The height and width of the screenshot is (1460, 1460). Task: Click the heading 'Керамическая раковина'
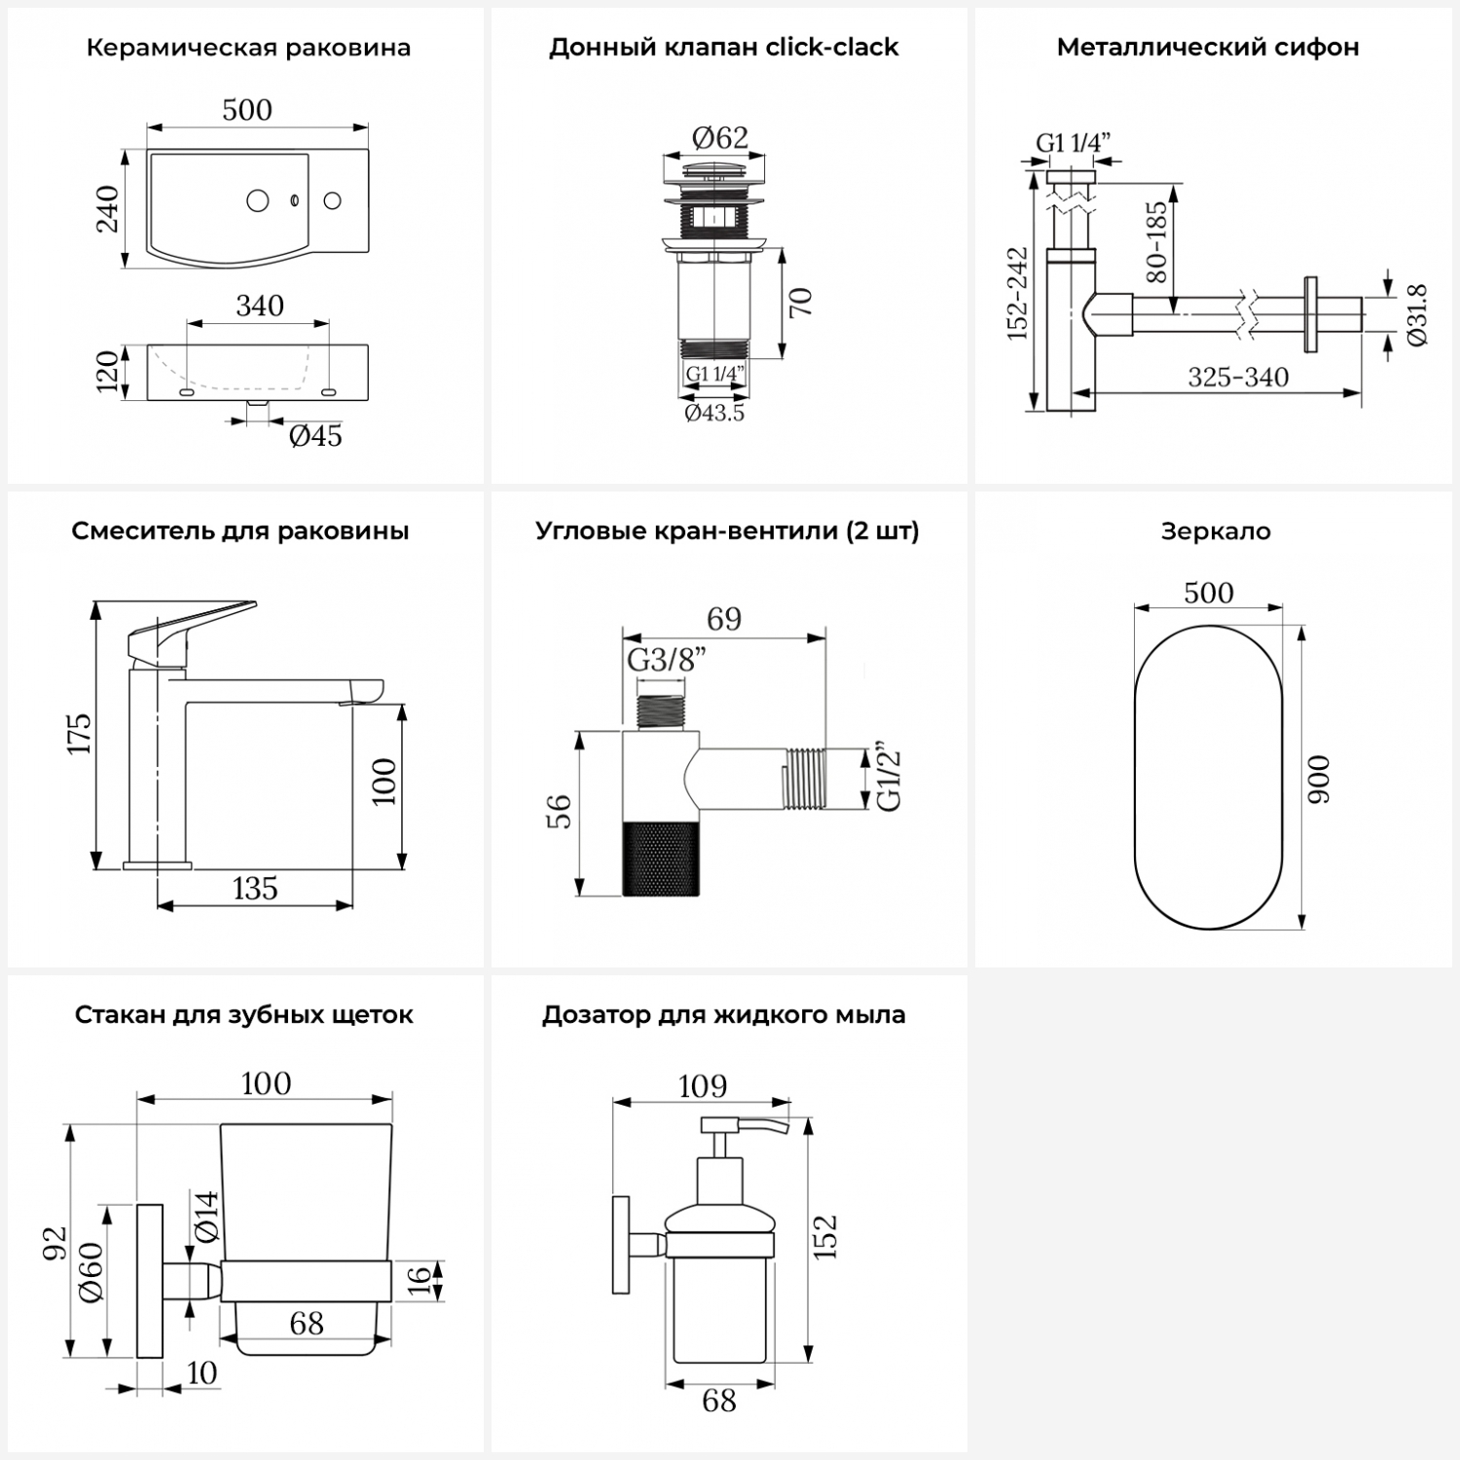pos(248,48)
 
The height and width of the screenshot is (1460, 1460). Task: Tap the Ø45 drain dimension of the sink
pos(315,435)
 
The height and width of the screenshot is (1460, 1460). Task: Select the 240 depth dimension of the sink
pos(107,208)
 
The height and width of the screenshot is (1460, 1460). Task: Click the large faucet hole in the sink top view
pos(258,201)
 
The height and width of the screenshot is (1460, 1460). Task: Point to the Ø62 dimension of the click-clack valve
pos(720,137)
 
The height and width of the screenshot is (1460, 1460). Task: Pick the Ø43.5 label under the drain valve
pos(714,413)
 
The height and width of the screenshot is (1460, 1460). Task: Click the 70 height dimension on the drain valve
pos(800,302)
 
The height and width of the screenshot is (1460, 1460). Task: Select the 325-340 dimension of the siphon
pos(1238,377)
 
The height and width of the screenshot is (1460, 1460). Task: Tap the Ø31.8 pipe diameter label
pos(1416,313)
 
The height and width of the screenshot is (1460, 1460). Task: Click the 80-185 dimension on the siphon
pos(1156,241)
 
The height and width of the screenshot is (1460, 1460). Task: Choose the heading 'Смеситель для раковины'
pos(240,531)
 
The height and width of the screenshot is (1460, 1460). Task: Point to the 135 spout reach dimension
pos(255,889)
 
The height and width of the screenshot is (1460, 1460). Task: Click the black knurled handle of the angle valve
pos(659,858)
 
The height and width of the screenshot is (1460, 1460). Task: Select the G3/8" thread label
pos(666,660)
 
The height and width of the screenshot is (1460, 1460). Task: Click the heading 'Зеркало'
pos(1216,531)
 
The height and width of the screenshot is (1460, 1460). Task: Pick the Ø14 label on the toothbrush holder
pos(206,1216)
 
